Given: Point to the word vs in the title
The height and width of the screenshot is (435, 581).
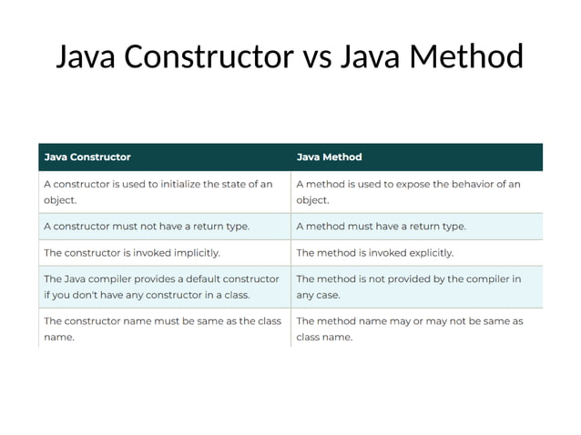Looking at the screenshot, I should (x=317, y=58).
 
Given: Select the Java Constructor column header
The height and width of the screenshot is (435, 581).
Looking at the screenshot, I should (x=87, y=157).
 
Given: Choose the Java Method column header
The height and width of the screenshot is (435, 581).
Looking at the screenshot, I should (x=330, y=157).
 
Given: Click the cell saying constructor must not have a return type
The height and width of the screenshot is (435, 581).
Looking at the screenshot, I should (x=147, y=226).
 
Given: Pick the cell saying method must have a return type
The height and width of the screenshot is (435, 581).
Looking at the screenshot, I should (x=381, y=226).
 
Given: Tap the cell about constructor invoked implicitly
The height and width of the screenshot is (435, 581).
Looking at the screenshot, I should (x=132, y=252).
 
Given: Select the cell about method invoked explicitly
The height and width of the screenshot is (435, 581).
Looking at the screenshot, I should (x=374, y=252).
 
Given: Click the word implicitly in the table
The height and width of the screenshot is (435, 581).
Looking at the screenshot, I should (x=196, y=252).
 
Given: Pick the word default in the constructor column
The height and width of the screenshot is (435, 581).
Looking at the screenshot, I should (x=200, y=278).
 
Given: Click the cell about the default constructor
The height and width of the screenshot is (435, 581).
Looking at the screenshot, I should (x=161, y=287).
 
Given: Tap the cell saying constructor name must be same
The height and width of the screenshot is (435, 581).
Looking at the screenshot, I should (x=162, y=329).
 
